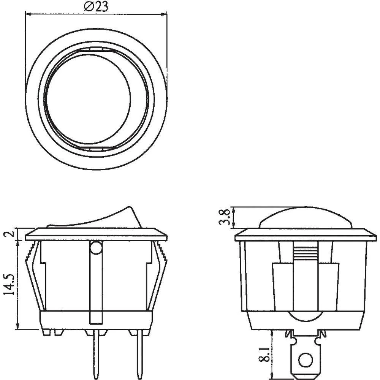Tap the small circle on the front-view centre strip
(96, 249)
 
